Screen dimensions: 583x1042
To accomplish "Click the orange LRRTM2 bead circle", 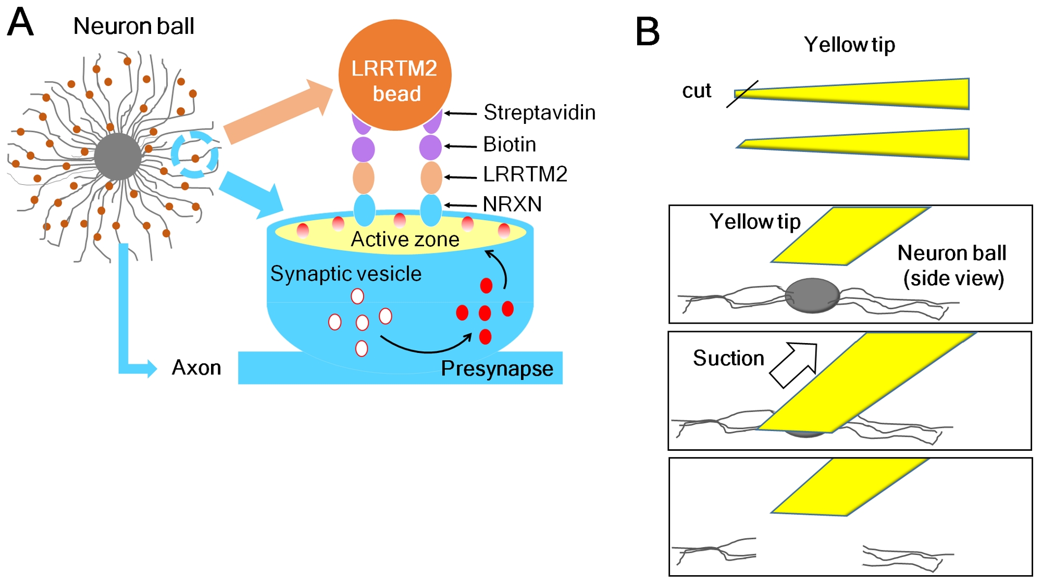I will click(x=394, y=74).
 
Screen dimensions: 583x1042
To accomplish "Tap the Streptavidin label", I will click(x=539, y=112).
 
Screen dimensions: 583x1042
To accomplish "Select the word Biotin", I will click(x=510, y=144).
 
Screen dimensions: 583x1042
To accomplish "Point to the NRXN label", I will click(x=512, y=204).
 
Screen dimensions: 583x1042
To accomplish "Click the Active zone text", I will click(x=405, y=239).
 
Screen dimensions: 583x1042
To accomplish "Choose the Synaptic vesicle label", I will click(x=345, y=274).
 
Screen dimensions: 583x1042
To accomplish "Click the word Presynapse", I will click(x=497, y=369).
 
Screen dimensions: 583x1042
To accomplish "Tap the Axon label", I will click(x=196, y=367).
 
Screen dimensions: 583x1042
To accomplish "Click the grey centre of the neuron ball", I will click(x=118, y=156).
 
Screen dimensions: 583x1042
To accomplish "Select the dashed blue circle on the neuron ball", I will click(x=194, y=155).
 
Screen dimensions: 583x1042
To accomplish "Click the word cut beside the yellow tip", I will click(x=697, y=91).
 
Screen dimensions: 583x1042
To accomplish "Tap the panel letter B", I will click(x=648, y=32).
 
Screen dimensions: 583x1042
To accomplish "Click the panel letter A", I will click(x=20, y=22).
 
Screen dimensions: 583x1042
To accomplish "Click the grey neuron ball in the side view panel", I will click(x=812, y=295).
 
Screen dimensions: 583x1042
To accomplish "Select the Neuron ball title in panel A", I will click(x=133, y=26).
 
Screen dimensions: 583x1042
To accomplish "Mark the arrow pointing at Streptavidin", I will click(x=461, y=113).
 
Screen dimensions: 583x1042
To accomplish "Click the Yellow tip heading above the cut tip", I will click(x=849, y=45).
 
